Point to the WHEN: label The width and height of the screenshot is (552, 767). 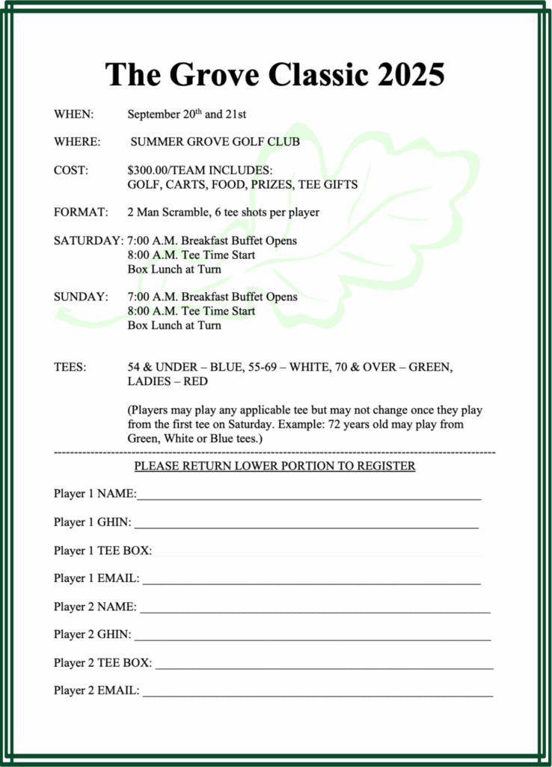click(x=73, y=115)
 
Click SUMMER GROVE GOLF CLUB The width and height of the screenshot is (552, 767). click(x=215, y=142)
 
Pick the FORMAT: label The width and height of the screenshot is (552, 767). click(x=81, y=212)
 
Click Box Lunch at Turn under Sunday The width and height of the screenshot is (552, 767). click(x=174, y=325)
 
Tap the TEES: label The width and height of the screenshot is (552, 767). click(x=70, y=367)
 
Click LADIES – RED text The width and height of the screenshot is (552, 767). click(x=168, y=381)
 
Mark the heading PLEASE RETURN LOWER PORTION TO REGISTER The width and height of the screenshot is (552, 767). click(x=275, y=466)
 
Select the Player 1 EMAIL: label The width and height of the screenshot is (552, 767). click(x=96, y=578)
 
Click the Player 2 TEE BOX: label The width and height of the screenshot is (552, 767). click(x=102, y=663)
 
